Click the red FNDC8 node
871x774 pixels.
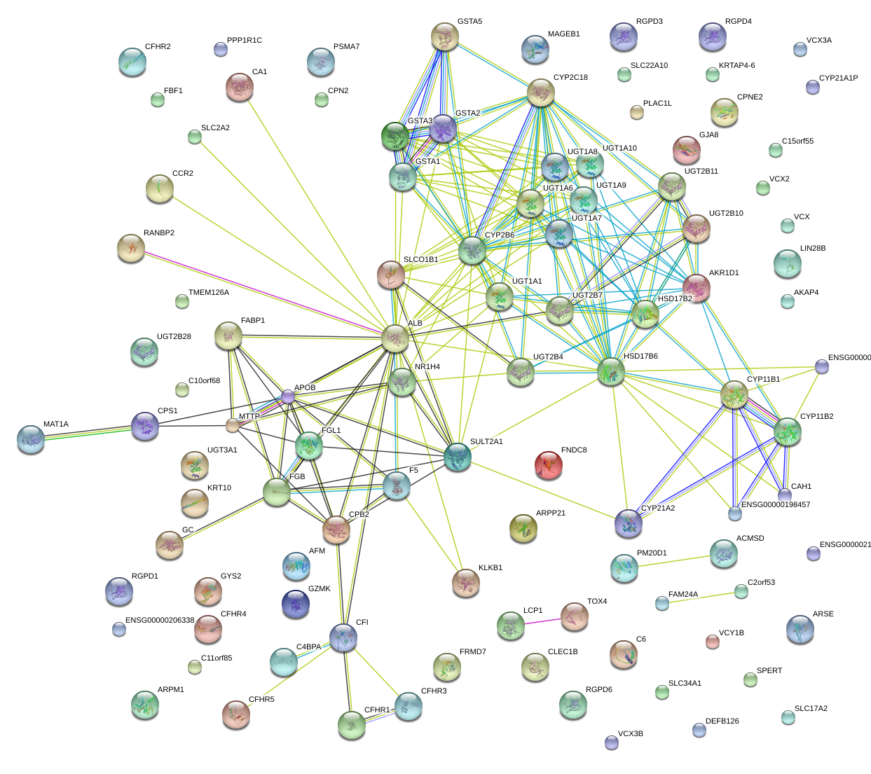(x=548, y=464)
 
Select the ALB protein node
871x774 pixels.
(x=395, y=338)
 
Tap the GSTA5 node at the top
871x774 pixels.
(x=444, y=36)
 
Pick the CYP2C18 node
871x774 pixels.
(x=541, y=92)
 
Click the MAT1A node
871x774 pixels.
(x=31, y=438)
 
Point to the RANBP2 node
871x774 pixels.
(x=131, y=248)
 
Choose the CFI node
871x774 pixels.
(x=343, y=637)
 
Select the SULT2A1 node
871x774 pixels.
(x=458, y=457)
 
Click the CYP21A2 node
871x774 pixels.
(x=628, y=523)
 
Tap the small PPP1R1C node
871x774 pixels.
(x=220, y=49)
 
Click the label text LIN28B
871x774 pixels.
(x=813, y=249)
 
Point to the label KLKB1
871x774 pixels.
(x=490, y=568)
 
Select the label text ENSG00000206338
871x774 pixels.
(x=160, y=621)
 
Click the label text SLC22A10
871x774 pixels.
(x=649, y=66)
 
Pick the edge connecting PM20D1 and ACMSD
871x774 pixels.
(x=673, y=560)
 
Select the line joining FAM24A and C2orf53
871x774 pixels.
(x=701, y=597)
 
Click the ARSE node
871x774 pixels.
(x=800, y=629)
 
